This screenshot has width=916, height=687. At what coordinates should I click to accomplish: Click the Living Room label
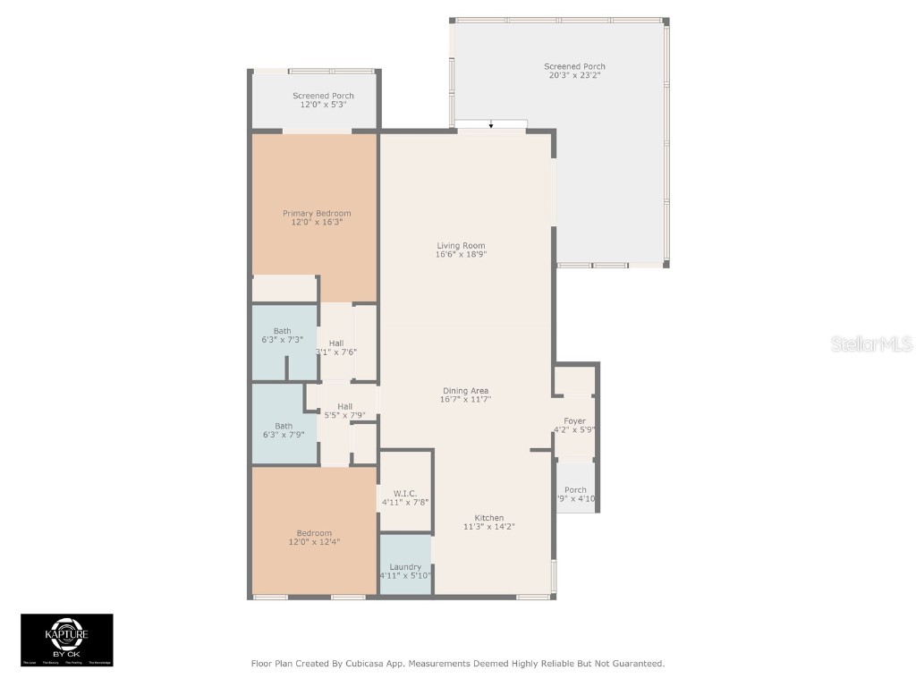[x=461, y=245]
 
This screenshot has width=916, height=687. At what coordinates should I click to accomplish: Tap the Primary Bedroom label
[x=317, y=213]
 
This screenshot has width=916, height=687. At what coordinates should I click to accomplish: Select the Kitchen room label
[x=488, y=518]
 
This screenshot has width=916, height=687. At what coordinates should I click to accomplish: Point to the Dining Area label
[x=466, y=390]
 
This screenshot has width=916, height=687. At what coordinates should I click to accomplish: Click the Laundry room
[x=405, y=566]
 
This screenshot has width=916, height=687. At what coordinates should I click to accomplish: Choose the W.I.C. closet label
[x=405, y=493]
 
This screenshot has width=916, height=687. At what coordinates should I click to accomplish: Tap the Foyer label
[x=574, y=420]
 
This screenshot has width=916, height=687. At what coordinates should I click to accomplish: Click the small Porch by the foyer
[x=576, y=489]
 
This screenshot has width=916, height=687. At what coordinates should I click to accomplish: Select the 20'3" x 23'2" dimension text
[x=574, y=76]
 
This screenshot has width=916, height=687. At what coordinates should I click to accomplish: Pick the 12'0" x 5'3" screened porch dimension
[x=323, y=105]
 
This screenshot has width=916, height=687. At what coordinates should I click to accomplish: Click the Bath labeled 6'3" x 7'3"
[x=283, y=335]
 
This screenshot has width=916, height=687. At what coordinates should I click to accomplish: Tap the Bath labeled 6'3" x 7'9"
[x=284, y=430]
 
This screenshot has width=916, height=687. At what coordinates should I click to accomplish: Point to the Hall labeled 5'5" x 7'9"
[x=344, y=411]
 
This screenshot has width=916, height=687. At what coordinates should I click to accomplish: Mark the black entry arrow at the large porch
[x=491, y=125]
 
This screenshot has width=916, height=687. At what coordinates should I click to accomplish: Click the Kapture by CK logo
[x=67, y=640]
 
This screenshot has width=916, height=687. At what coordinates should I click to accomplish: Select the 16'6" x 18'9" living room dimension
[x=461, y=254]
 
